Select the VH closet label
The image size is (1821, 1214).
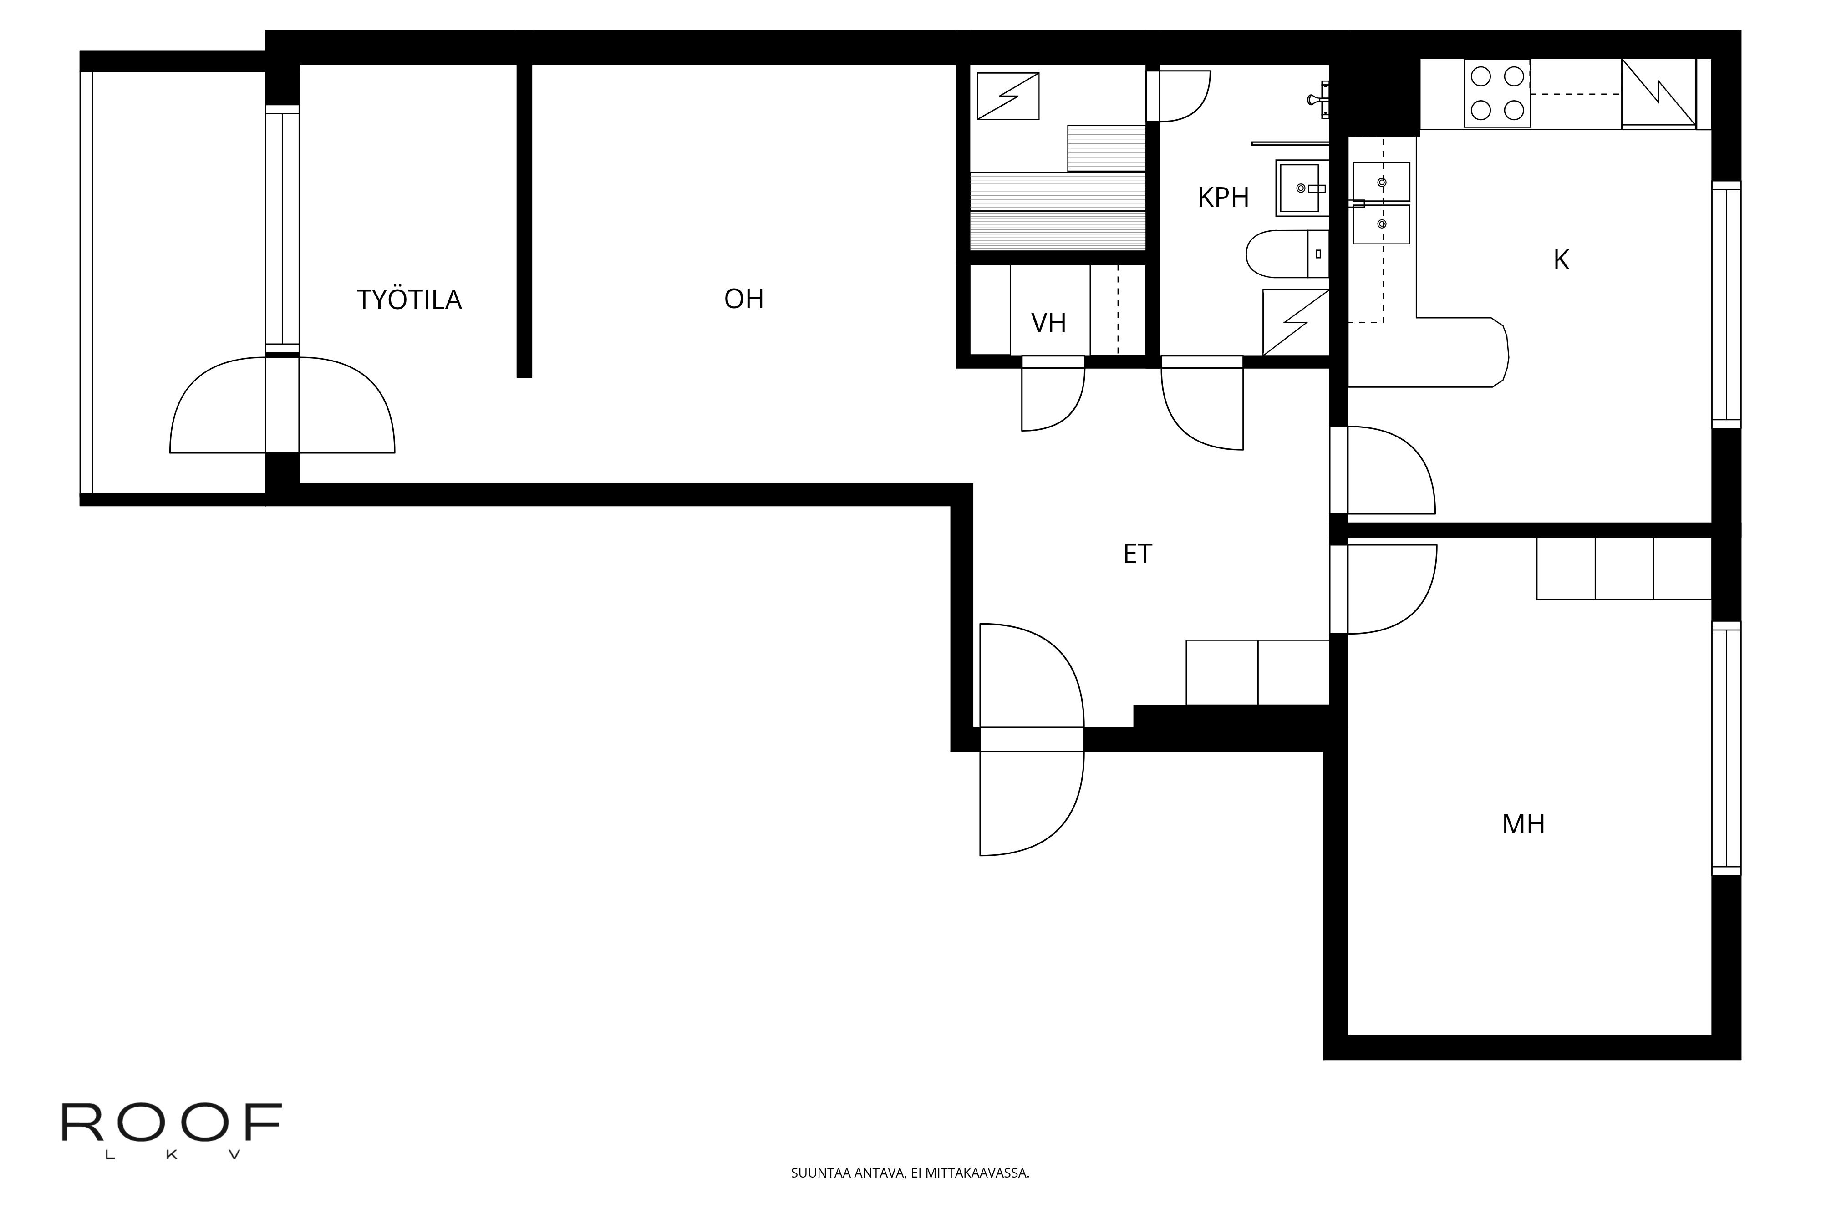tap(1048, 323)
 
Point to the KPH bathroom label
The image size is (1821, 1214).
tap(1223, 198)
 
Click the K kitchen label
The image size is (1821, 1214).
tap(1561, 260)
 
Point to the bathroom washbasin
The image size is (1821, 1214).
tap(1302, 188)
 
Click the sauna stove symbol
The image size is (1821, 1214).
tap(1007, 96)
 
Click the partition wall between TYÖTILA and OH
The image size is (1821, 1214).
tap(524, 221)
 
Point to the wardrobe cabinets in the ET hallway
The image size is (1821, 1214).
tap(1257, 672)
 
